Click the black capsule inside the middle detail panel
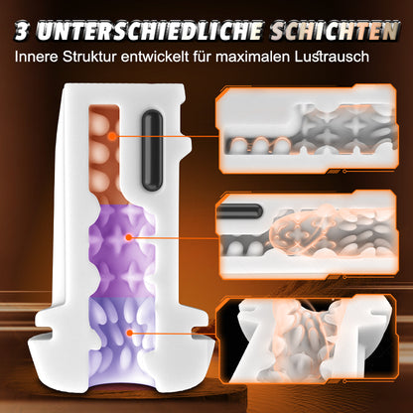[x=243, y=211]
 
